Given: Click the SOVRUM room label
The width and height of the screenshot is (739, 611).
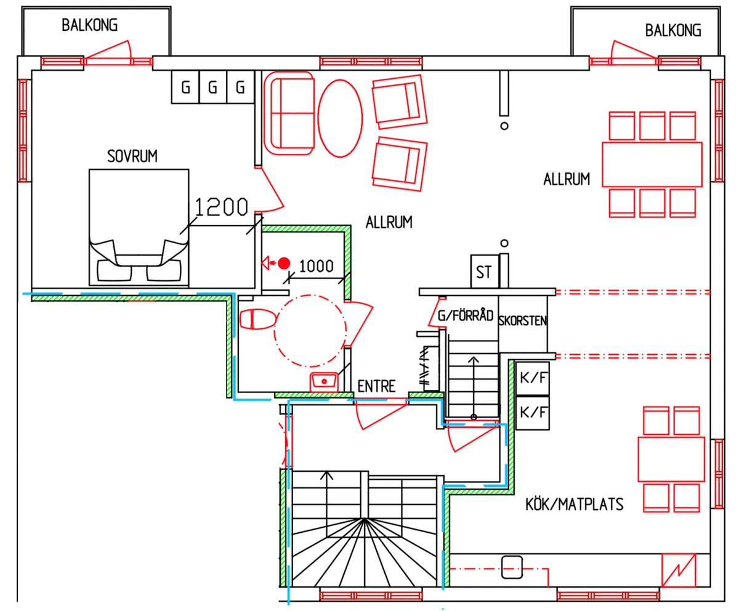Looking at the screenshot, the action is tap(132, 156).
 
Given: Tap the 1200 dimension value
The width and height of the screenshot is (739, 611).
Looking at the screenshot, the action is tap(221, 207).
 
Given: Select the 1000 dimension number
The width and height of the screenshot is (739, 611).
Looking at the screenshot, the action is tap(316, 266).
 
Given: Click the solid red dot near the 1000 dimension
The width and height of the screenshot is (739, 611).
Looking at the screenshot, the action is tap(284, 264).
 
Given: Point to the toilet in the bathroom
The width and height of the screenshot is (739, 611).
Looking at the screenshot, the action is tap(257, 319).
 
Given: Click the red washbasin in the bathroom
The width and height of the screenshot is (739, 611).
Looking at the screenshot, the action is tap(324, 382).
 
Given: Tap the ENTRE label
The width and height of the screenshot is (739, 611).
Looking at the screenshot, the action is tap(376, 386).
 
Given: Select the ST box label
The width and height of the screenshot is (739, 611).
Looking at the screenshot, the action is tap(483, 272).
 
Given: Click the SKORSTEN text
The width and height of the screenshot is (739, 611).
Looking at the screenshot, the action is tap(522, 321).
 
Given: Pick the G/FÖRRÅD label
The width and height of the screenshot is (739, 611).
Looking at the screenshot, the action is tap(466, 315).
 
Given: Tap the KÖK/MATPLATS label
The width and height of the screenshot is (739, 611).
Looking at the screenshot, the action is tap(574, 504).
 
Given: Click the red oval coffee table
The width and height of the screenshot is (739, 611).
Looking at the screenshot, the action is tap(340, 118).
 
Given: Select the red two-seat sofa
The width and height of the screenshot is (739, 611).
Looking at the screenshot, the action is tap(289, 113).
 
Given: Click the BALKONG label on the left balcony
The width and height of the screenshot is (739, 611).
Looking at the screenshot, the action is tap(89, 25).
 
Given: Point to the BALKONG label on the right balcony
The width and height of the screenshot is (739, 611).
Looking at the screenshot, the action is tap(673, 30).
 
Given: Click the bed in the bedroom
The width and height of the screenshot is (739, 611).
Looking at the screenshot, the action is tap(139, 228).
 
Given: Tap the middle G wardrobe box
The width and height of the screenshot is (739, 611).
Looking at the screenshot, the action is tap(212, 87).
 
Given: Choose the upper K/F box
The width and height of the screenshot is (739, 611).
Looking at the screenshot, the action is tap(533, 378).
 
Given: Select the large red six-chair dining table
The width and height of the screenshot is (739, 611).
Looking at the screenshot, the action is tap(652, 164).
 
